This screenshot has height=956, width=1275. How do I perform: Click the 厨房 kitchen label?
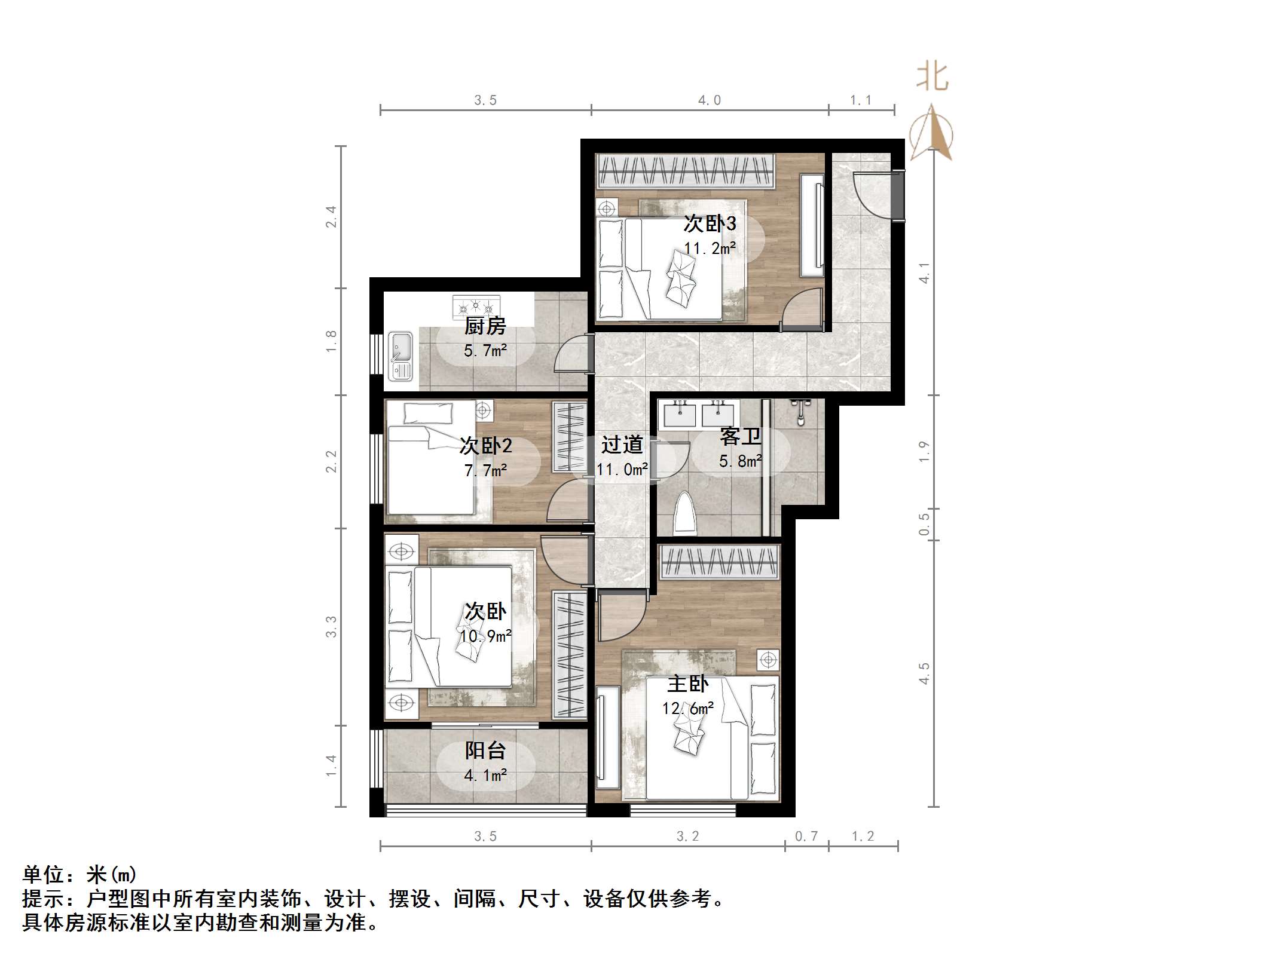[485, 326]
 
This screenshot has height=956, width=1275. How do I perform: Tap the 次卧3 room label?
[710, 224]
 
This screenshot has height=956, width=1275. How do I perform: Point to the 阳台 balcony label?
[485, 750]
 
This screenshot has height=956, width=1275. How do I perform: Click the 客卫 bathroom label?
[740, 437]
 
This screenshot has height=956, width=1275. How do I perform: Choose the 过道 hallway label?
[622, 445]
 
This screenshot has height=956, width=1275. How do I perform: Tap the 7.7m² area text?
[485, 471]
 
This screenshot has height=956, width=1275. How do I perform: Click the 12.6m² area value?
[687, 709]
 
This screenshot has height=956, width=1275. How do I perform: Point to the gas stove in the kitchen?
[476, 307]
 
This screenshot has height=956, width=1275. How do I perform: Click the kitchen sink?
[400, 356]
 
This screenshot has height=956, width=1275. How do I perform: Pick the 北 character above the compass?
[932, 78]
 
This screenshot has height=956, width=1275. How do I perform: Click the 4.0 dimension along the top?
[710, 100]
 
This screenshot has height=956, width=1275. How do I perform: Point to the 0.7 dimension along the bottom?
[806, 836]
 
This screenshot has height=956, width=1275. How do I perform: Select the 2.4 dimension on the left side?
[331, 216]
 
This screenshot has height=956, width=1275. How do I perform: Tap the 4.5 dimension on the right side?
[924, 673]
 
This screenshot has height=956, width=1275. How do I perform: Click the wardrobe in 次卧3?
[685, 170]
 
